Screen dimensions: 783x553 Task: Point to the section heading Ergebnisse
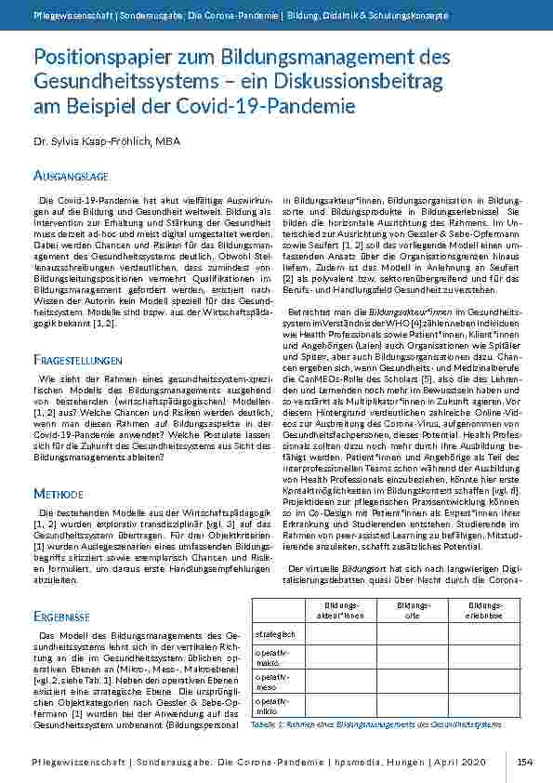tap(61, 590)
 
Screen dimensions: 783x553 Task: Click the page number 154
tap(526, 762)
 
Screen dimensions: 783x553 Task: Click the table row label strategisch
tap(276, 634)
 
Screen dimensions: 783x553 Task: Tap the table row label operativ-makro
tap(272, 658)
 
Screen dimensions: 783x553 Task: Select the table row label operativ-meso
tap(272, 682)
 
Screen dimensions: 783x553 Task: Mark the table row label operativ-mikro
tap(272, 706)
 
